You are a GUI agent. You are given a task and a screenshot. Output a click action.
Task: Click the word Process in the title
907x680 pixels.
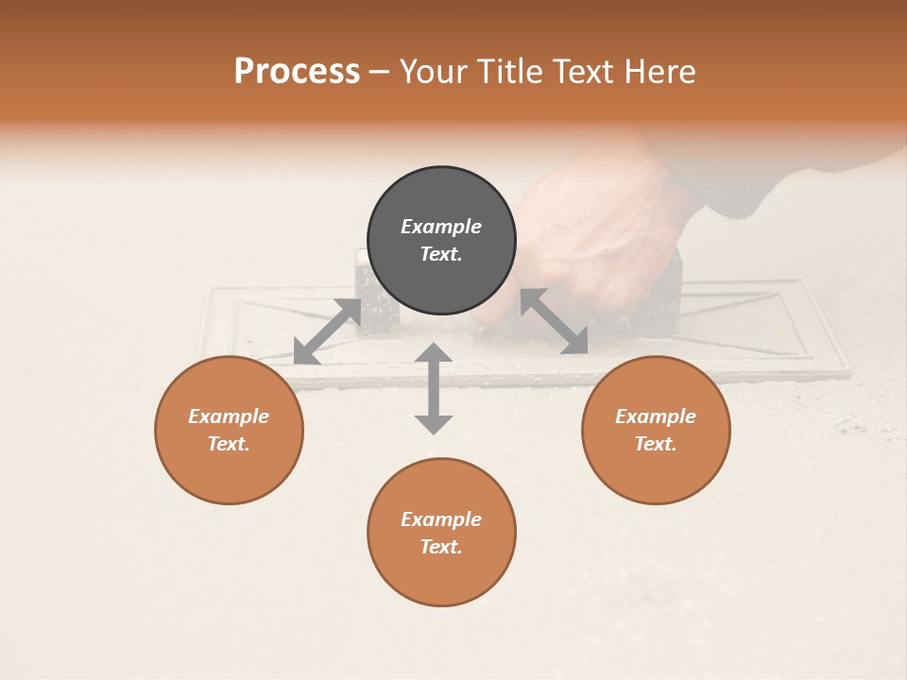click(x=297, y=72)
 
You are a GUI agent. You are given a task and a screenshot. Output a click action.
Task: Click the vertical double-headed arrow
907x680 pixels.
click(x=434, y=388)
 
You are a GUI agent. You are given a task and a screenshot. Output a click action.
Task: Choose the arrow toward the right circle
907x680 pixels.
click(x=555, y=321)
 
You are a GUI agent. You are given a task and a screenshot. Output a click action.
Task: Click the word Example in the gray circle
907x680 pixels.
click(x=441, y=227)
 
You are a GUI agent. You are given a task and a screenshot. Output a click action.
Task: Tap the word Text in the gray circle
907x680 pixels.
click(x=441, y=254)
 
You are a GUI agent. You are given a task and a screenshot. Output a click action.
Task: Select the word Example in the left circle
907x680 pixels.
click(x=229, y=416)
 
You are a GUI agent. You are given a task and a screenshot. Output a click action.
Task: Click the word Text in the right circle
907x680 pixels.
click(x=656, y=444)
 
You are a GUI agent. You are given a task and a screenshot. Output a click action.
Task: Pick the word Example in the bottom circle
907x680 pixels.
click(x=441, y=519)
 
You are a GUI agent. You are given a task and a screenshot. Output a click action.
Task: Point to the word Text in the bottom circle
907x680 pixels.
click(x=441, y=547)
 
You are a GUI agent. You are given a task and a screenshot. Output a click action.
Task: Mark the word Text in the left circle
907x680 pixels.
click(x=229, y=444)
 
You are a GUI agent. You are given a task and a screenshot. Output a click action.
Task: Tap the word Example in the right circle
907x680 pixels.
click(x=656, y=416)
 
